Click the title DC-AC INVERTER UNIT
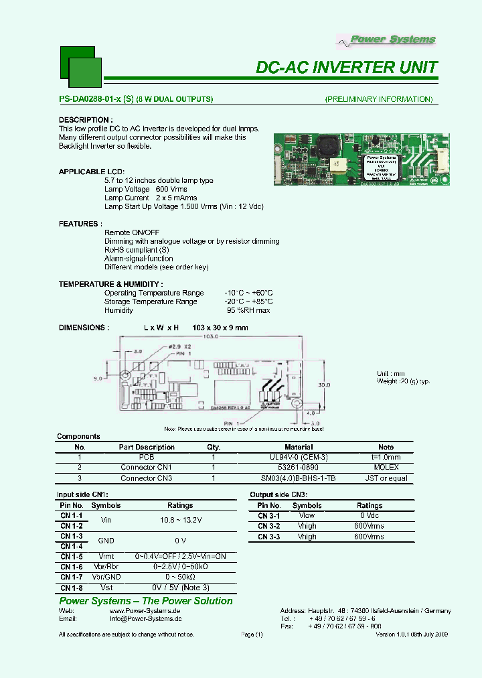347,67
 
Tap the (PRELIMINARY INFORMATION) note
378,99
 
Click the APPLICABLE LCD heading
91,172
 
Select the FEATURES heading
80,224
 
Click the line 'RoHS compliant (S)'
137,250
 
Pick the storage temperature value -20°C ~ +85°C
248,301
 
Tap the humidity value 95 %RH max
248,310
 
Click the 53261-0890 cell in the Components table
299,467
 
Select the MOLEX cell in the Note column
386,467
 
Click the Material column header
299,447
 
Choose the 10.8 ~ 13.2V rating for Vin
180,521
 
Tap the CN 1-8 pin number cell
72,588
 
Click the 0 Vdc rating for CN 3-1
369,516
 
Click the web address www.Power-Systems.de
145,611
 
